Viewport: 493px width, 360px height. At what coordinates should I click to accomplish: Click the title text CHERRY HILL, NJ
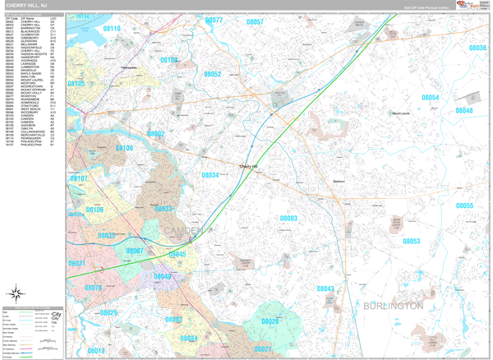[26, 5]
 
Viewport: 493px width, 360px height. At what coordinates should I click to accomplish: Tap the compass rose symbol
[16, 293]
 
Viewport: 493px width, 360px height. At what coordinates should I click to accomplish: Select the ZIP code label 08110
[112, 29]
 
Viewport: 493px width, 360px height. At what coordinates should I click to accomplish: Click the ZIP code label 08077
[214, 20]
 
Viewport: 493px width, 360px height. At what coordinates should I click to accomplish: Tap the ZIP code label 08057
[255, 22]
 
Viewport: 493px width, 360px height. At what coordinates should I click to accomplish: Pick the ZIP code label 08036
[477, 48]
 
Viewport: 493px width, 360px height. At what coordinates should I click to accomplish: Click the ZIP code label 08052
[212, 75]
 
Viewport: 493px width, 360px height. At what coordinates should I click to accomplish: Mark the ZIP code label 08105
[76, 84]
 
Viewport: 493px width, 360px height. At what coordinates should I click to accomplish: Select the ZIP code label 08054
[431, 98]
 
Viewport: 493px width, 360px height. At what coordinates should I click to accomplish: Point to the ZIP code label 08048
[464, 110]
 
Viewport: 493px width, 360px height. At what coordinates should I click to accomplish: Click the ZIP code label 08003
[288, 218]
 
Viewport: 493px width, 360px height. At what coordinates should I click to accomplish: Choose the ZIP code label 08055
[465, 205]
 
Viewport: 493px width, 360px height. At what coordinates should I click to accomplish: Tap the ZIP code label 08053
[411, 241]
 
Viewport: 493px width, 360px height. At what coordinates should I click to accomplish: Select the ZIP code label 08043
[325, 288]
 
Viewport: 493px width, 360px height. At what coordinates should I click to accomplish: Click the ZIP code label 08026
[270, 321]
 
